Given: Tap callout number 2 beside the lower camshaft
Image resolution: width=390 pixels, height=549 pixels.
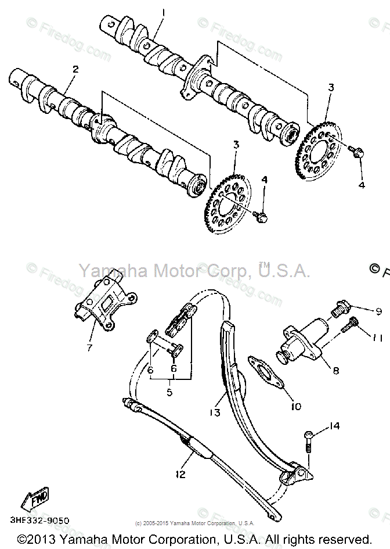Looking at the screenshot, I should pyautogui.click(x=75, y=69).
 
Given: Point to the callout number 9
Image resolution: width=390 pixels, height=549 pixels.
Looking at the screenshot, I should pyautogui.click(x=378, y=311).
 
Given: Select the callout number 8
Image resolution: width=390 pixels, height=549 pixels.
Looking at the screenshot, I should pyautogui.click(x=335, y=370).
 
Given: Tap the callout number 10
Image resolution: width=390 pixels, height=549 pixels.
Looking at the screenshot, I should pyautogui.click(x=295, y=406).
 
